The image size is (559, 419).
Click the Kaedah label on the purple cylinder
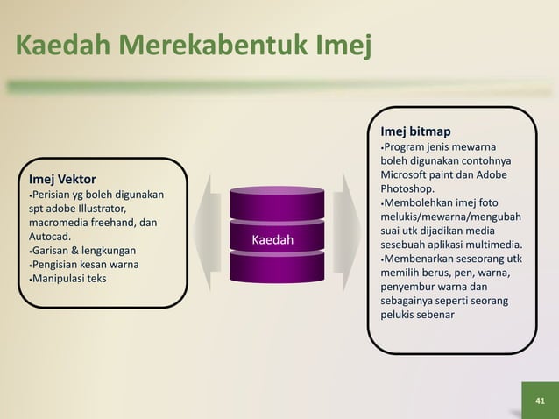[x=272, y=240]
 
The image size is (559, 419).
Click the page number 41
[x=540, y=400]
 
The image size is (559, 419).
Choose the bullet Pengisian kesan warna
[x=86, y=265]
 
